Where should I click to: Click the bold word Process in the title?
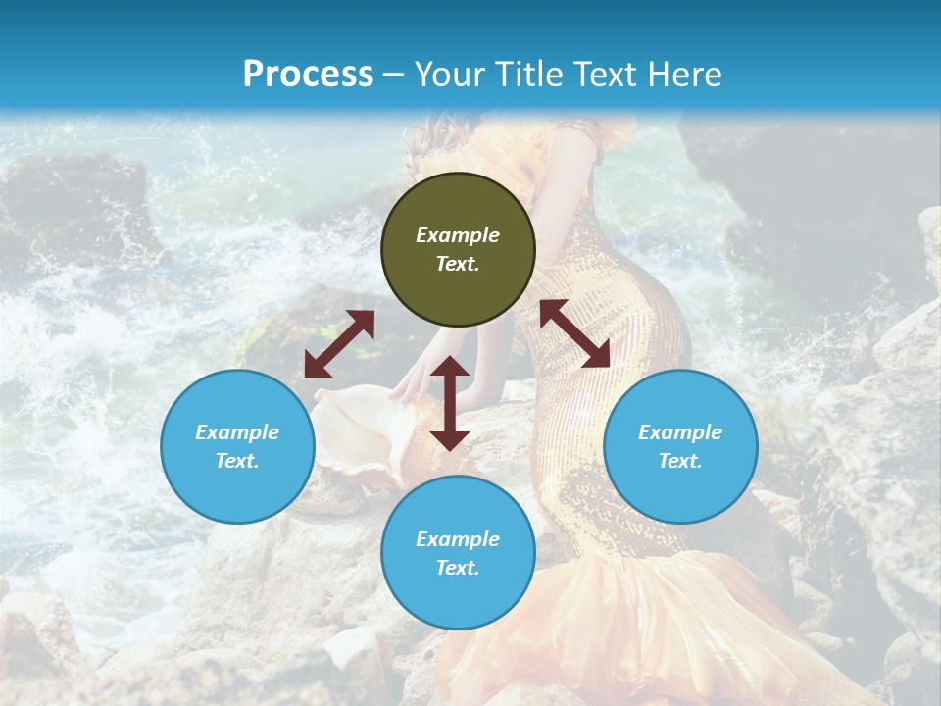(308, 75)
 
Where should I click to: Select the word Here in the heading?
(684, 75)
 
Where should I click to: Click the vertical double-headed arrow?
(450, 403)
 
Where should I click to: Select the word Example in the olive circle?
(458, 235)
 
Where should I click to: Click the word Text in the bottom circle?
(458, 568)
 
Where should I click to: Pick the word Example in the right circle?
(680, 432)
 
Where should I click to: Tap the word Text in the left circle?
(237, 461)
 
